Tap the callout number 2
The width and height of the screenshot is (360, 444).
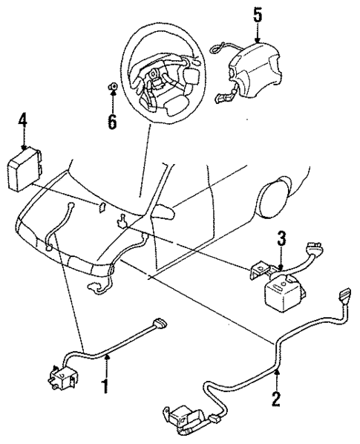[276, 398]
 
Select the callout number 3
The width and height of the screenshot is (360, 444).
[281, 238]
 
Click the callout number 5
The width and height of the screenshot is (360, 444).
[257, 14]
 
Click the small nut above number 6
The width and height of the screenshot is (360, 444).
[111, 90]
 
